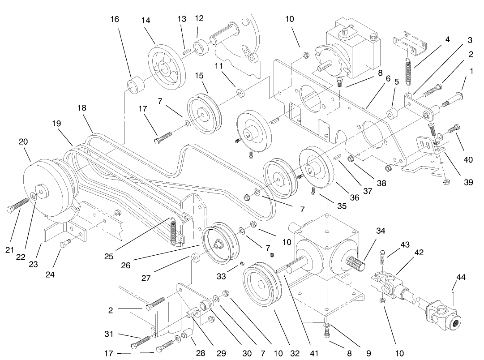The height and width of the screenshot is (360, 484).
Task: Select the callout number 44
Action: (461, 278)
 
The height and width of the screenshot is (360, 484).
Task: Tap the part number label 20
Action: (23, 141)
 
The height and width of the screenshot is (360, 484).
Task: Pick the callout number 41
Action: (314, 353)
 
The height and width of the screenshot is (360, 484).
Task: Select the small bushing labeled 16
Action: (136, 84)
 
